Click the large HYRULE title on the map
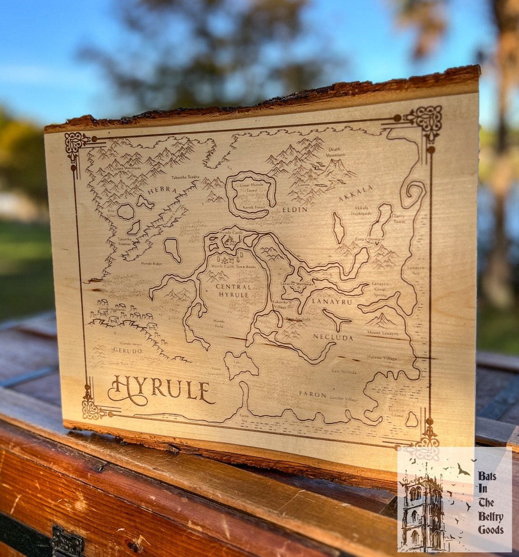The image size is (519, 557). [x=161, y=390]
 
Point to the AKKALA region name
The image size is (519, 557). [x=356, y=193]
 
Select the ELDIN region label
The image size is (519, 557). [x=295, y=209]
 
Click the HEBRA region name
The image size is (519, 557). [x=162, y=190]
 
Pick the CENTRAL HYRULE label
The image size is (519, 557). [x=234, y=291]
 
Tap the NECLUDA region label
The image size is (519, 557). [x=333, y=337]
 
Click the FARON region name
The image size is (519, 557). [x=312, y=394]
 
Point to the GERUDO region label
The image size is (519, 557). [x=127, y=350]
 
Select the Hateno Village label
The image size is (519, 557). [x=382, y=358]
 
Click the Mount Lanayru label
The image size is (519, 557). [x=383, y=333]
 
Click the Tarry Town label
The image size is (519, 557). [x=399, y=219]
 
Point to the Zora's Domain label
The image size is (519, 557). [x=369, y=239]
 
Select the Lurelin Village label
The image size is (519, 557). [x=344, y=399]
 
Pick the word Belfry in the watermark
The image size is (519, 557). [x=490, y=517]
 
